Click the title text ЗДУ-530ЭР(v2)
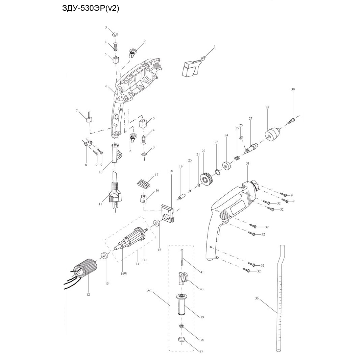[91, 8]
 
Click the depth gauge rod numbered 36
[280, 297]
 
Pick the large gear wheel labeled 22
[206, 179]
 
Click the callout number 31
[247, 164]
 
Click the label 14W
[123, 273]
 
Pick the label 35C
[149, 291]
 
